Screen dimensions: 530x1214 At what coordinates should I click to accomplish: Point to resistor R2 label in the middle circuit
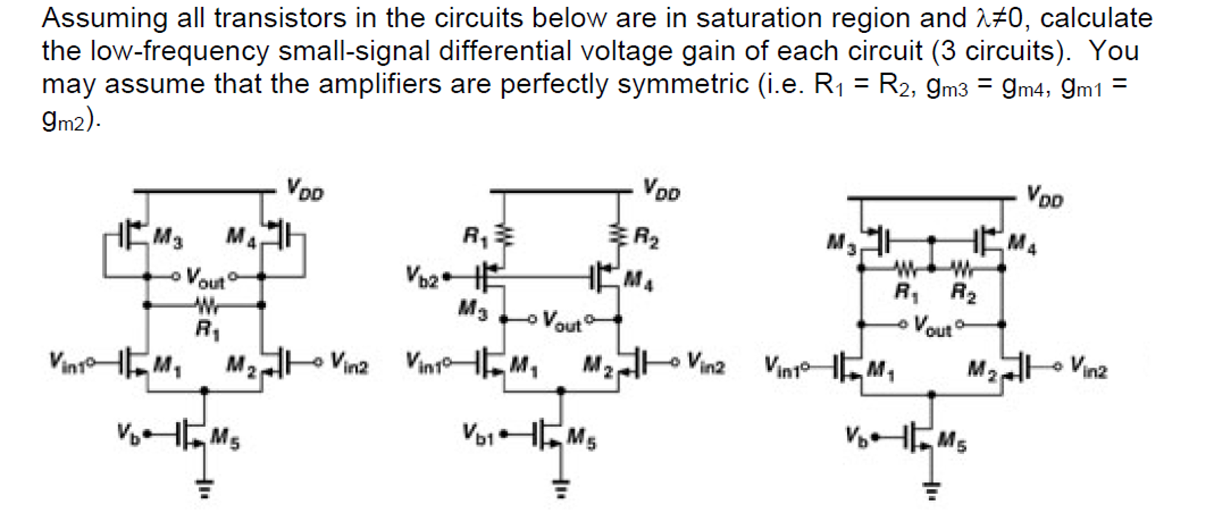[x=646, y=238]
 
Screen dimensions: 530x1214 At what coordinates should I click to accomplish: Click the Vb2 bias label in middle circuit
[x=422, y=276]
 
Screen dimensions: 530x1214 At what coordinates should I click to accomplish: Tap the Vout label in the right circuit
[x=932, y=325]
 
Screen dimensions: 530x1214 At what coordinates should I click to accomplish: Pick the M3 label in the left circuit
[x=168, y=239]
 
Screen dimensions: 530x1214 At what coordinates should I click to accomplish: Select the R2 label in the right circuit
[x=963, y=292]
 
